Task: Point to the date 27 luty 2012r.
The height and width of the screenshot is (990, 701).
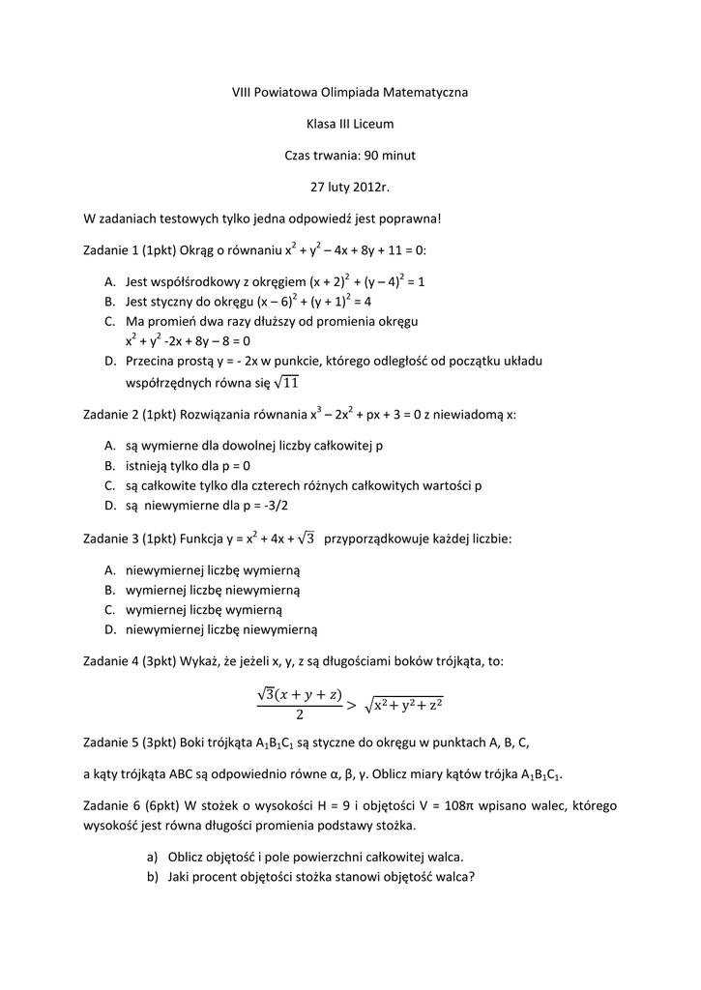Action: coord(349,186)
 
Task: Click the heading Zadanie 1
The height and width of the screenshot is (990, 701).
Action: coord(111,250)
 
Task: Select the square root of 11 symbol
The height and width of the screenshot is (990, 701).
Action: coord(287,383)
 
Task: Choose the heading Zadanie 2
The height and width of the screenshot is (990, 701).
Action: coord(111,415)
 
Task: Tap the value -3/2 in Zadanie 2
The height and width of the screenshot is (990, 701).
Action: coord(273,505)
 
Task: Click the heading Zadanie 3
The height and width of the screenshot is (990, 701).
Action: coord(111,538)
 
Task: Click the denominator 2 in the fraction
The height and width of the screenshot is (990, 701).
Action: coord(300,716)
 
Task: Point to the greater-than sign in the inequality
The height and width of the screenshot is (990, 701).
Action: coord(351,705)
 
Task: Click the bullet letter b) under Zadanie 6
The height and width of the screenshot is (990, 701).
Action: coord(152,877)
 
